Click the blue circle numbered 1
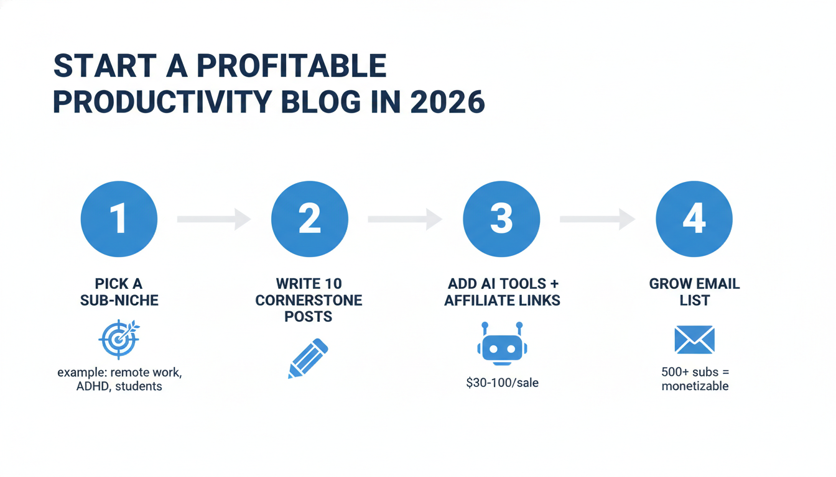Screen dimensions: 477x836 click(x=119, y=219)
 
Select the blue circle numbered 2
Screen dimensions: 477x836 click(x=309, y=219)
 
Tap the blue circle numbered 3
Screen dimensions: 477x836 click(x=501, y=219)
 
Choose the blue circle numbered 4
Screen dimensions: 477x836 click(x=694, y=219)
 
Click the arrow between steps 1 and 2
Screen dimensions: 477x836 click(x=213, y=219)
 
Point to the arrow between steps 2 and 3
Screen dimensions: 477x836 click(x=404, y=219)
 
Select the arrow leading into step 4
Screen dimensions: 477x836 click(x=597, y=219)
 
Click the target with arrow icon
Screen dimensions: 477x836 click(x=119, y=340)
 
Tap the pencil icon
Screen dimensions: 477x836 click(x=308, y=358)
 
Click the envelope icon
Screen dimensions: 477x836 click(x=694, y=341)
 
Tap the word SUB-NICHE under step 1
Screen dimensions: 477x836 click(x=119, y=301)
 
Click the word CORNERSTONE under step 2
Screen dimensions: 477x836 click(x=309, y=301)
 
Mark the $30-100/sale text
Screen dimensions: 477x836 click(x=502, y=383)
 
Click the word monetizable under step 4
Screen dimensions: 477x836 click(x=695, y=386)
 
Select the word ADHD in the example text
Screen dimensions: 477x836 click(x=78, y=386)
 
